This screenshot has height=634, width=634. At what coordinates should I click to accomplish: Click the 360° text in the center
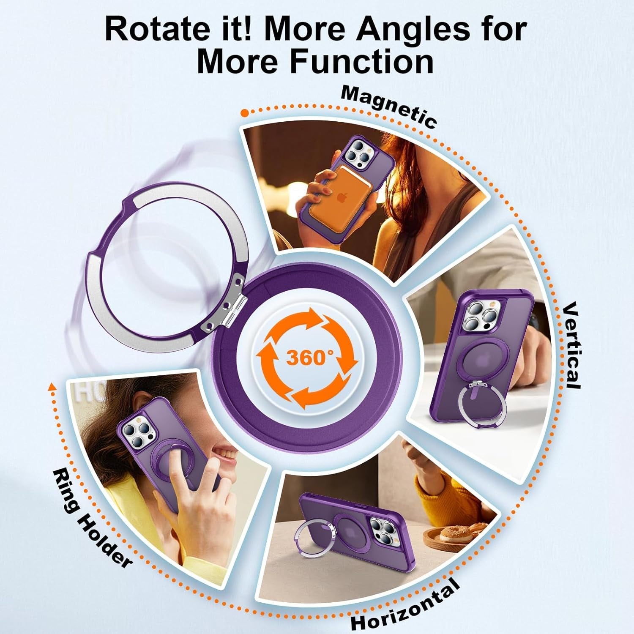307,358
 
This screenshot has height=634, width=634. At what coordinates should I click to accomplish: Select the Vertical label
572,344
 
